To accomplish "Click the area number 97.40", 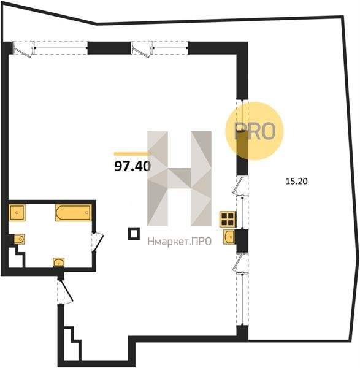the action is (x=132, y=166).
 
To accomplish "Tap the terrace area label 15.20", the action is (x=296, y=181).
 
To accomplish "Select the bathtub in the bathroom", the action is (x=74, y=213).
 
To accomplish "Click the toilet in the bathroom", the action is (x=19, y=239).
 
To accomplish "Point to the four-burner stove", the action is (x=228, y=219).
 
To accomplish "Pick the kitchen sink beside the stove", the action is (x=229, y=237).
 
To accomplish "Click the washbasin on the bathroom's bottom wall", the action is (x=59, y=262).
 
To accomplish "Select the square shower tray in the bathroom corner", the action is (x=17, y=213).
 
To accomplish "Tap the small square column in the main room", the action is (x=134, y=234).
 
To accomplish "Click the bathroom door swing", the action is (x=98, y=242).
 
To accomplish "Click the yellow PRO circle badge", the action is (x=255, y=131).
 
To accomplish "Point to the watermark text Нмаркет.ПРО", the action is (x=180, y=241).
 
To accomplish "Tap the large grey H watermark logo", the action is (x=179, y=178).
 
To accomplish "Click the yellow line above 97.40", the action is (x=132, y=154).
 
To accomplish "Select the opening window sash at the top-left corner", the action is (x=23, y=49).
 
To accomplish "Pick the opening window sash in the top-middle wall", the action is (x=142, y=49).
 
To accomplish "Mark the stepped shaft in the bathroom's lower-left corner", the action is (x=16, y=258).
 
